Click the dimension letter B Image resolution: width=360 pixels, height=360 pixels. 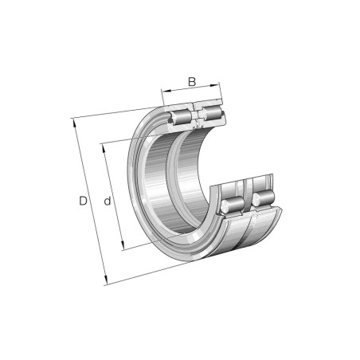(x=192, y=82)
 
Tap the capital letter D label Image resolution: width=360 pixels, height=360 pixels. (x=83, y=201)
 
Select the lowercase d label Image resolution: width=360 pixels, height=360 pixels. (x=108, y=202)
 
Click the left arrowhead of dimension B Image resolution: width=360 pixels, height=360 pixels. (x=166, y=92)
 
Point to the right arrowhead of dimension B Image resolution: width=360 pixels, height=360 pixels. (x=214, y=85)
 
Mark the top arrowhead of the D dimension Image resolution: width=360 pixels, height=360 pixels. (x=74, y=123)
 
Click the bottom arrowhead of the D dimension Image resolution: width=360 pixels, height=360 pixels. (x=106, y=280)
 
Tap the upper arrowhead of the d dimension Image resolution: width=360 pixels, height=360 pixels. (x=104, y=148)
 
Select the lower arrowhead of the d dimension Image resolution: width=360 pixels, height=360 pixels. (x=123, y=245)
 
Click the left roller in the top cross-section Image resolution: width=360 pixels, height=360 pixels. (x=181, y=117)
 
